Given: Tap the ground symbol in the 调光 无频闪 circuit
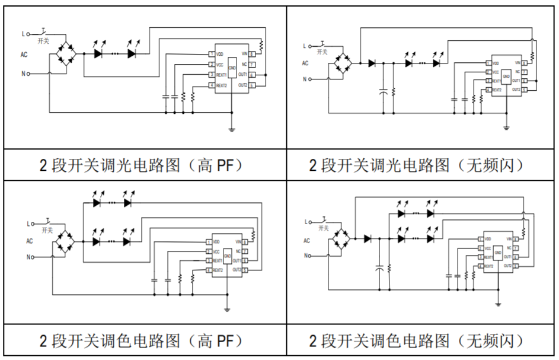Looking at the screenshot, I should click(507, 128).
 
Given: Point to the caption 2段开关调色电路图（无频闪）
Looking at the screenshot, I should click(417, 341).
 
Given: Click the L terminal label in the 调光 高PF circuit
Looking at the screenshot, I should click(24, 34).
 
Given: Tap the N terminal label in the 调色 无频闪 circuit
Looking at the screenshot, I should click(306, 256).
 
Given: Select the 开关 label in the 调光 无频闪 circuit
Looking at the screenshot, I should click(322, 52).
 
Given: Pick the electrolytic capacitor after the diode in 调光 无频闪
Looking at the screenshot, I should click(384, 91).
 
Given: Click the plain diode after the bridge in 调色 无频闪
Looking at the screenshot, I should click(368, 238).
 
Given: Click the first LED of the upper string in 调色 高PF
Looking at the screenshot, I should click(97, 202).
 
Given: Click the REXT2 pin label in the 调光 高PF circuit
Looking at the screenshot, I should click(221, 85).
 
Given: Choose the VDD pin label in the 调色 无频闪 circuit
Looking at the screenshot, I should click(487, 239).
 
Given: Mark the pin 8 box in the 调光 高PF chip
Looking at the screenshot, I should click(252, 55).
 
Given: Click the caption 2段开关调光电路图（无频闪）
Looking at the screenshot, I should click(417, 165).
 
